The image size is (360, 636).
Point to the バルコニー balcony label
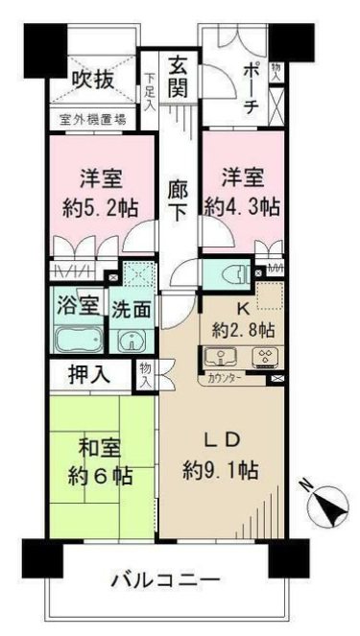[x=163, y=580]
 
